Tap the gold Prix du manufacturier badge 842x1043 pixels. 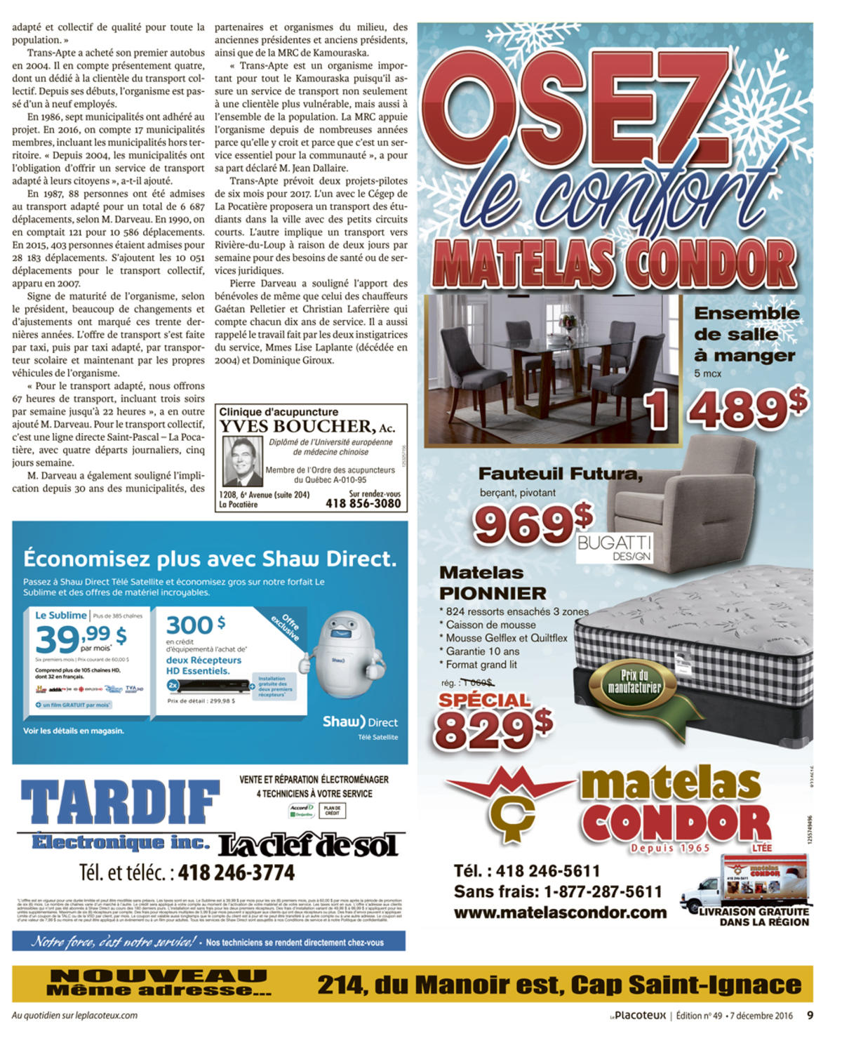click(x=634, y=682)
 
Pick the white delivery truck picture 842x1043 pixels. click(x=744, y=883)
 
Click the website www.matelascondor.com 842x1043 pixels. click(x=560, y=912)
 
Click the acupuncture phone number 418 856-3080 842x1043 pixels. click(x=363, y=503)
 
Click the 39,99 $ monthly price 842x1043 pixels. click(x=81, y=639)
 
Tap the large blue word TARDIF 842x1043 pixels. click(x=120, y=802)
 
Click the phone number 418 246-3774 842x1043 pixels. click(x=236, y=872)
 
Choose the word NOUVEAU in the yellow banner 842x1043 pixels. click(x=159, y=976)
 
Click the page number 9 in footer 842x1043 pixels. click(x=810, y=1015)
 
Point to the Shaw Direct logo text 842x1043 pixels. click(x=360, y=722)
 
